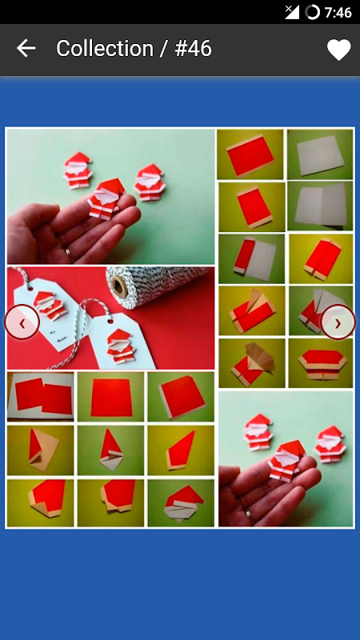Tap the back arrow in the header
click(x=26, y=48)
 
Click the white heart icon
click(x=338, y=50)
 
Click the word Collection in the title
click(x=105, y=49)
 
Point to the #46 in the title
click(x=194, y=49)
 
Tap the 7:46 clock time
click(x=338, y=13)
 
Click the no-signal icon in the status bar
click(x=292, y=12)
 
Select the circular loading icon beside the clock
click(x=312, y=12)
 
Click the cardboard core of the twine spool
click(x=119, y=286)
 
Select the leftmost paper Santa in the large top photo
click(x=78, y=170)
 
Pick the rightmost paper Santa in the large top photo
click(x=150, y=182)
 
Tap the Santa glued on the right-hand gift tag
click(x=122, y=346)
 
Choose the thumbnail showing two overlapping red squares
click(x=41, y=396)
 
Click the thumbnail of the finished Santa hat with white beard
click(x=181, y=503)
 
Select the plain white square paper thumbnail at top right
click(x=320, y=154)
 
